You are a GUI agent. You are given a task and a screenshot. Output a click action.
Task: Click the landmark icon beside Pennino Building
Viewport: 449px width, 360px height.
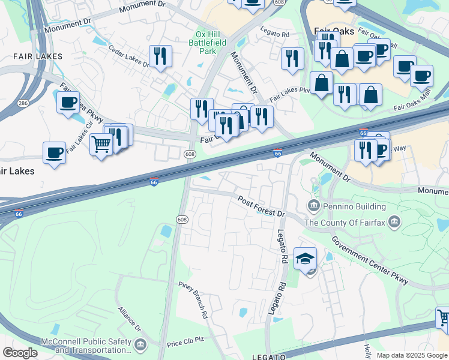313,206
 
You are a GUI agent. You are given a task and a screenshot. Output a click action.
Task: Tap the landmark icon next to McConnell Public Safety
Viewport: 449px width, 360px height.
140,344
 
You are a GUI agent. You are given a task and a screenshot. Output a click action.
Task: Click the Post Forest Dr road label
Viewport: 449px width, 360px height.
260,206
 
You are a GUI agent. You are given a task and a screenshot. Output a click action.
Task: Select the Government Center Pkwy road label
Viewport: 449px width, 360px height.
370,259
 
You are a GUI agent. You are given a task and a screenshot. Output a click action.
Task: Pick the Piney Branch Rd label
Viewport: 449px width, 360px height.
193,299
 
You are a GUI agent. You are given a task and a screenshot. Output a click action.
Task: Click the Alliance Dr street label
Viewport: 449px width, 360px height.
129,320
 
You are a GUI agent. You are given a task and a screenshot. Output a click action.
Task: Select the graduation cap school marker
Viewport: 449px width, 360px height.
305,259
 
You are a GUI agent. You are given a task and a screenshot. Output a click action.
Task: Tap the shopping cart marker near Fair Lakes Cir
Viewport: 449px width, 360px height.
101,144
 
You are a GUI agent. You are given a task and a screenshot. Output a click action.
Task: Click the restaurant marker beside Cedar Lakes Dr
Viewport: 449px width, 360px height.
160,56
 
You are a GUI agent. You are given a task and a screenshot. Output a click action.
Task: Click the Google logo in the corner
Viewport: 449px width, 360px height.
20,353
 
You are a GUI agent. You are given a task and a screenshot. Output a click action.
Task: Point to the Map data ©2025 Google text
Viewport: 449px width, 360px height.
412,355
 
